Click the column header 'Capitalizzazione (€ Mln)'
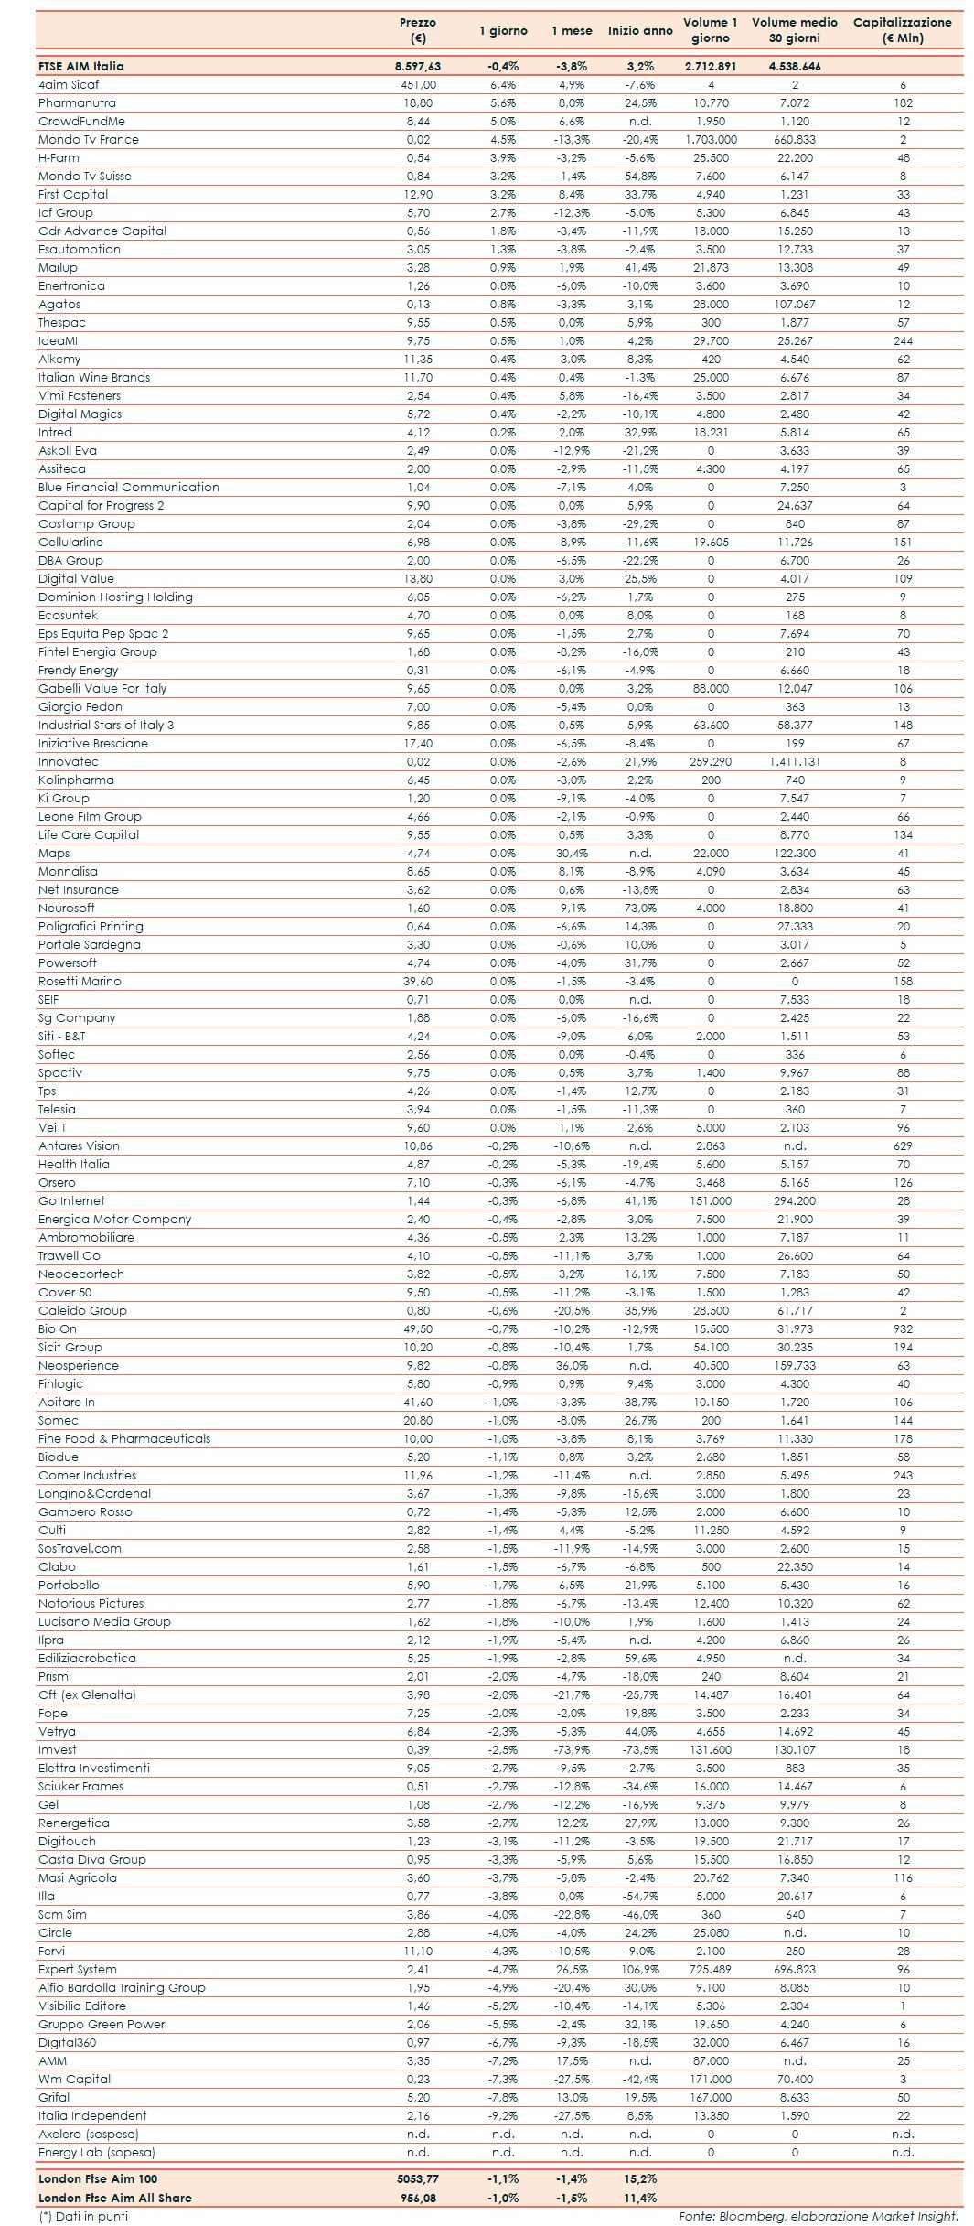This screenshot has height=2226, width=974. point(902,30)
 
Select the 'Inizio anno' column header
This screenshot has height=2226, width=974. point(640,30)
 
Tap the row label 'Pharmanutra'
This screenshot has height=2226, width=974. point(77,103)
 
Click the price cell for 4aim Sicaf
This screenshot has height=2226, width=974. point(418,85)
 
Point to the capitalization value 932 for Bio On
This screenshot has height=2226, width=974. point(903,1328)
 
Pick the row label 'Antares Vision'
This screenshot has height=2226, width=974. point(79,1145)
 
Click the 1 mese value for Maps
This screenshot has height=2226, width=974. point(572,853)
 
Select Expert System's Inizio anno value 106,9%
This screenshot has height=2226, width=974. point(640,1969)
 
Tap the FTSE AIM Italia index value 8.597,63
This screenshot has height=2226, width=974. point(418,66)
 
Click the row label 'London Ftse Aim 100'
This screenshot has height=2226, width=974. point(98,2178)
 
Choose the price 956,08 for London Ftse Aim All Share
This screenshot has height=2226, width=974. point(418,2197)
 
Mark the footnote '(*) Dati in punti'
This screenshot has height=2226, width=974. point(83,2216)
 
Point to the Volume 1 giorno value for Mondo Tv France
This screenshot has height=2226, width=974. point(711,140)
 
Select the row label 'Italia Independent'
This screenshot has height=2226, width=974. point(92,2115)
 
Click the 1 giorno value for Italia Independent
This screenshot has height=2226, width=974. point(503,2115)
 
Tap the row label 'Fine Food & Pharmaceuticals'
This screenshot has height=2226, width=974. point(124,1438)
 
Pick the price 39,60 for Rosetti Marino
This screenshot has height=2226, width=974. point(418,981)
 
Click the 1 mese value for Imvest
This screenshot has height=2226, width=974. point(572,1749)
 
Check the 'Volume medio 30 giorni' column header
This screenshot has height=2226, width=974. point(794,30)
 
